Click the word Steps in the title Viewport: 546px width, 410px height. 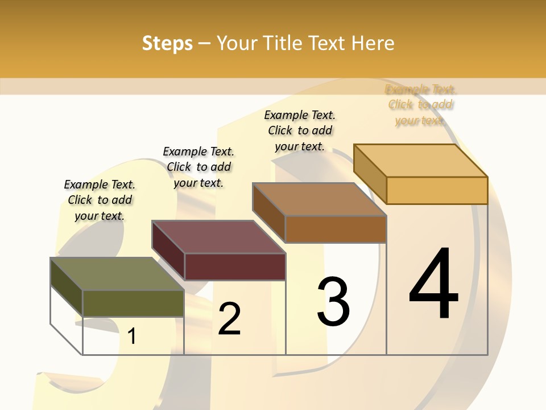(x=167, y=43)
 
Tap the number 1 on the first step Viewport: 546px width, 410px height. (x=131, y=337)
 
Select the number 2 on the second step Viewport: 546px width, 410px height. (x=229, y=319)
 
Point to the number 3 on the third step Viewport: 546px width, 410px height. (x=333, y=302)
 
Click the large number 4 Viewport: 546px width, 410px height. (x=433, y=285)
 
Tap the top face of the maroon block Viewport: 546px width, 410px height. (x=218, y=237)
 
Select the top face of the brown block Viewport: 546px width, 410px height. (x=320, y=199)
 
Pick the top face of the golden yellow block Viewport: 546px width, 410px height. (x=421, y=161)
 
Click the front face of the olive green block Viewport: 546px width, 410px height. (x=133, y=304)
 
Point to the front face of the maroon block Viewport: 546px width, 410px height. (x=235, y=266)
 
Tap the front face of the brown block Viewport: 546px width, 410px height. (x=336, y=229)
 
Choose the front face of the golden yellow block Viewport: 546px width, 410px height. (x=437, y=190)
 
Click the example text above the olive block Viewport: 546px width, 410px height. (x=100, y=200)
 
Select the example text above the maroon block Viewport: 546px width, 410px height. (x=198, y=167)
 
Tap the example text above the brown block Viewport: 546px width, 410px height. (x=300, y=130)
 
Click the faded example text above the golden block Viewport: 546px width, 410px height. (x=421, y=105)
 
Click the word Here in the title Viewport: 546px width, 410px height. (x=373, y=43)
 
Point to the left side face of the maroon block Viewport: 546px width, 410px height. (x=168, y=251)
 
